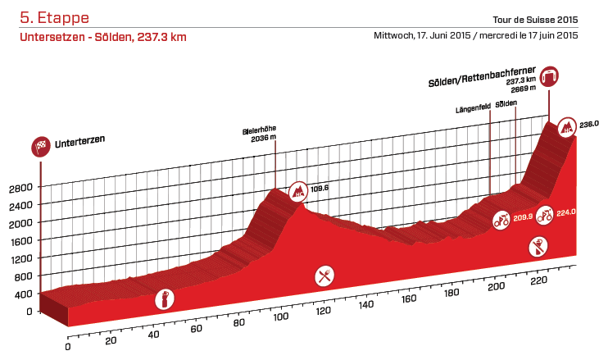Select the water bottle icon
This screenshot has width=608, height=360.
[165, 299]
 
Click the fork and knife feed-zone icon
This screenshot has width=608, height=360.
[325, 276]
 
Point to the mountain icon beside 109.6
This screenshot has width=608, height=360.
[299, 192]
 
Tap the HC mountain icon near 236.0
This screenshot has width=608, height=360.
[566, 127]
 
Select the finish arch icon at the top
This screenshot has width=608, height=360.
[548, 76]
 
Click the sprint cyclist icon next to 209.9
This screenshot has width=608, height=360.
[501, 219]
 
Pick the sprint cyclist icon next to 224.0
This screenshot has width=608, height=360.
[544, 213]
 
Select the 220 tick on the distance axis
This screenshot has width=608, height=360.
[538, 280]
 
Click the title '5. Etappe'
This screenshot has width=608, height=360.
[55, 17]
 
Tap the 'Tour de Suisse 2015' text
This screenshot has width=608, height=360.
[536, 21]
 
